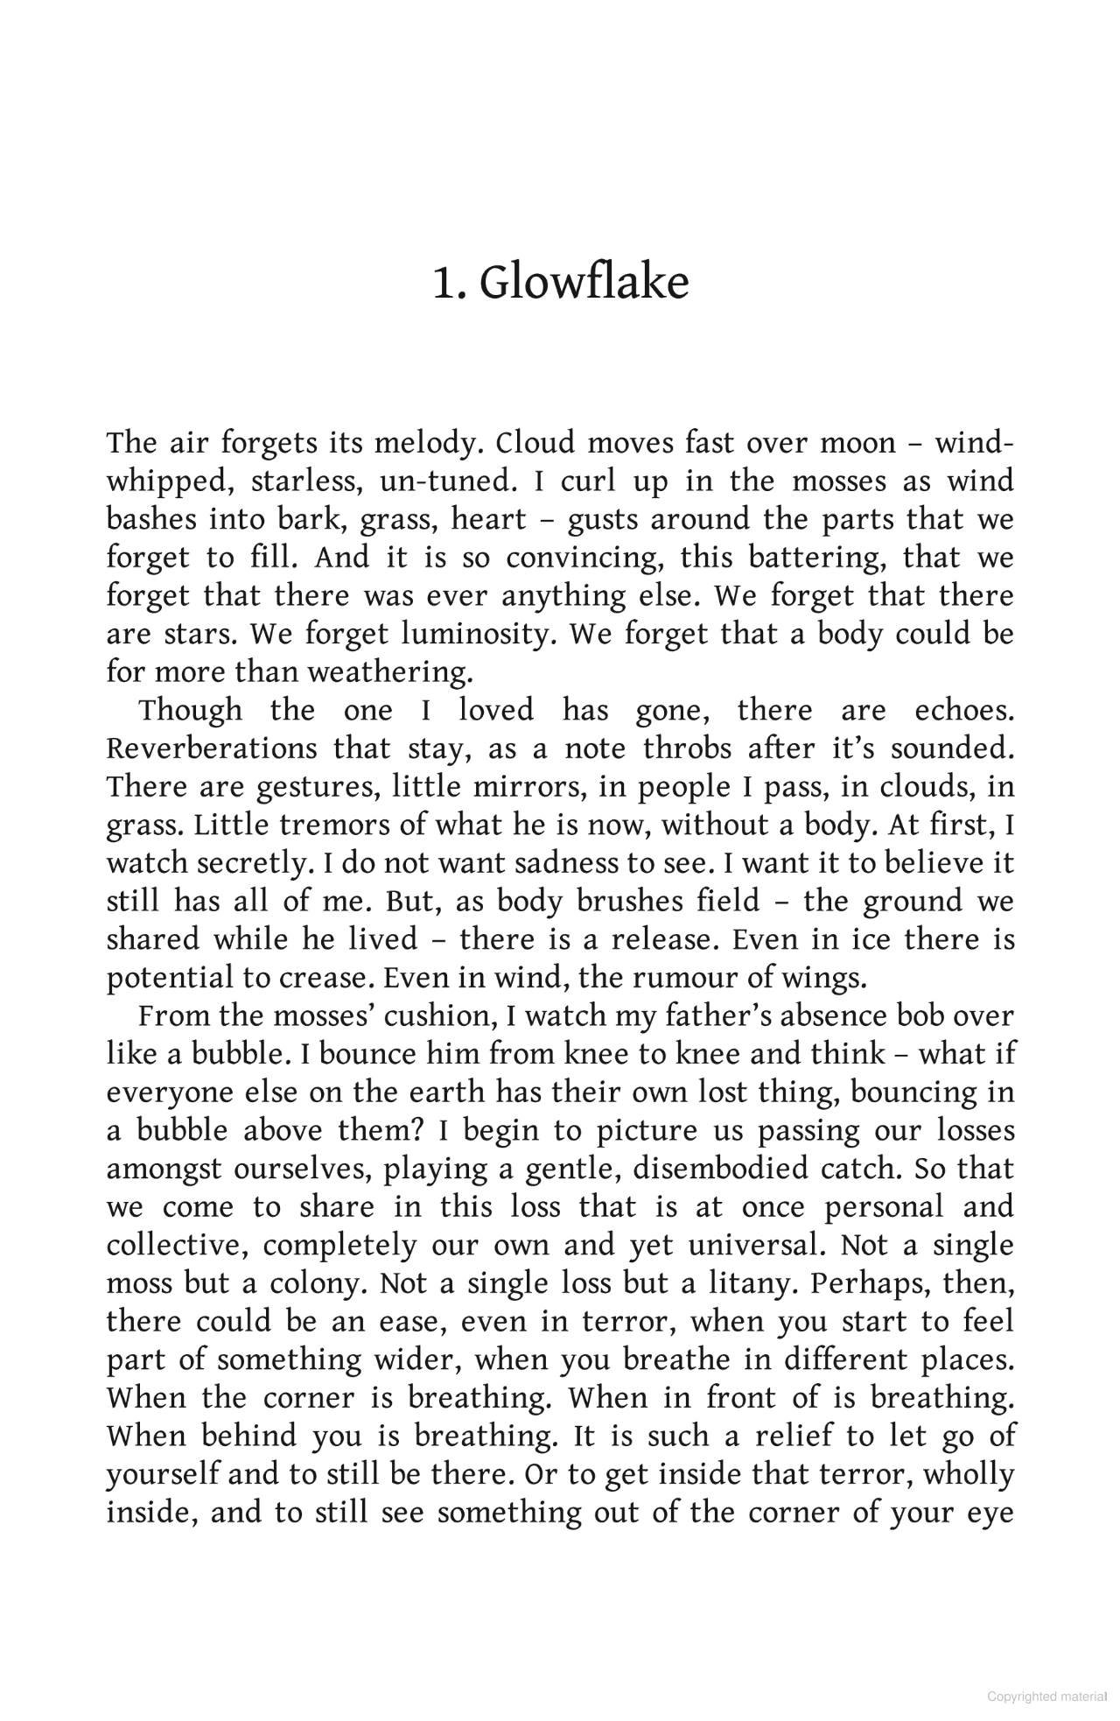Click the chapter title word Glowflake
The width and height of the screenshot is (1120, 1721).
tap(584, 283)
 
